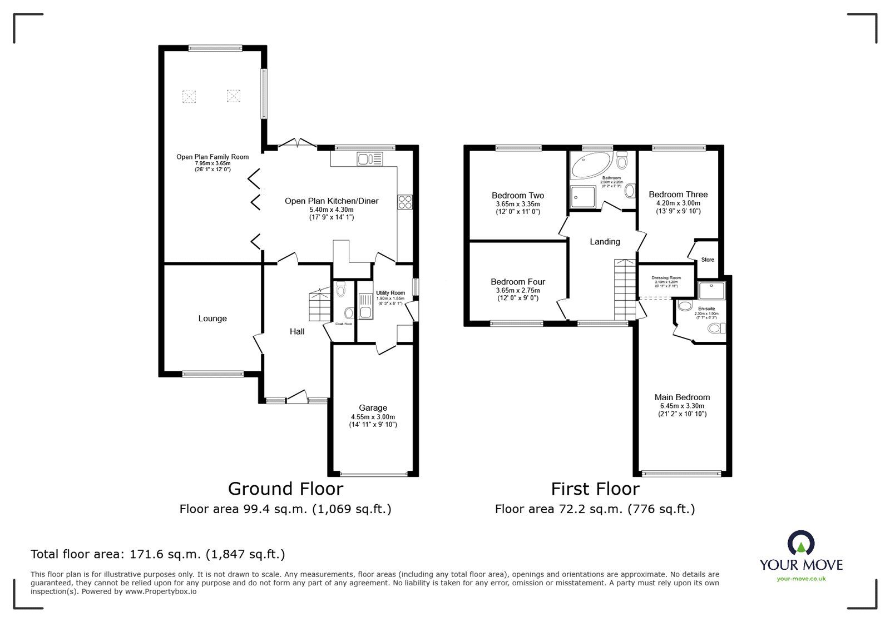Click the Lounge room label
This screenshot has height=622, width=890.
[x=212, y=319]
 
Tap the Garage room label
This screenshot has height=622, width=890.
[x=373, y=408]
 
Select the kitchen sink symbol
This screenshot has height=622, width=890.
[x=370, y=160]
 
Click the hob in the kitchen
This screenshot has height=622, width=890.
[x=404, y=202]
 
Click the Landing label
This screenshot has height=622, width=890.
[x=605, y=242]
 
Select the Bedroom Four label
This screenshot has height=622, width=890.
[x=518, y=282]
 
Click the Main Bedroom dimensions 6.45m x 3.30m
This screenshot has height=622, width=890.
[x=682, y=406]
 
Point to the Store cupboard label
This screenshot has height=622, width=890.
[x=708, y=260]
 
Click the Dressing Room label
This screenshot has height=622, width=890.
[x=666, y=278]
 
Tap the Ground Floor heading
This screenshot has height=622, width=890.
[x=285, y=489]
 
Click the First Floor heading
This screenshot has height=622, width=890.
[x=595, y=489]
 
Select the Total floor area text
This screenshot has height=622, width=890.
[x=158, y=554]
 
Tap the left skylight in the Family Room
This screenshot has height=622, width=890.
[x=190, y=96]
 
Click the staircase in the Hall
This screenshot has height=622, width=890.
[x=319, y=305]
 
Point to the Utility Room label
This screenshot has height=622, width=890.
[x=390, y=293]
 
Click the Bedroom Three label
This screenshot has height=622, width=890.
[x=678, y=195]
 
